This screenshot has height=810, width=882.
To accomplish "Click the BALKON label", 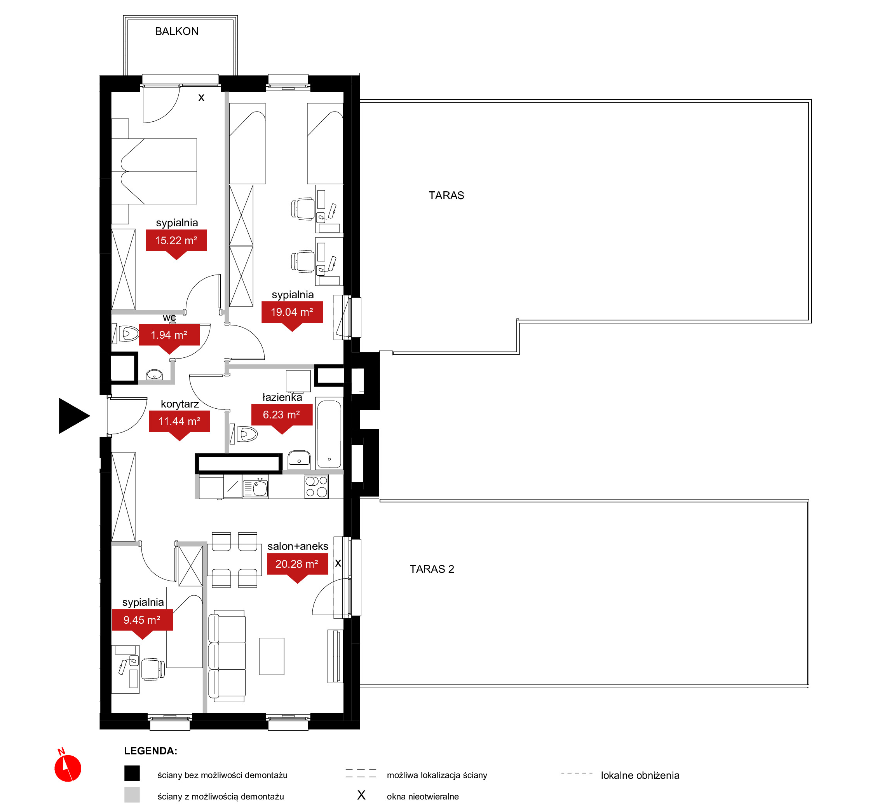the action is pyautogui.click(x=177, y=31).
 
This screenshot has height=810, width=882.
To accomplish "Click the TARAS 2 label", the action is pyautogui.click(x=432, y=569).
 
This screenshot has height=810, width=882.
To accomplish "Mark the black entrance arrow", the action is pyautogui.click(x=73, y=416).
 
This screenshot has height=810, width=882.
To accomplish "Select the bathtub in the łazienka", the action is pyautogui.click(x=329, y=434).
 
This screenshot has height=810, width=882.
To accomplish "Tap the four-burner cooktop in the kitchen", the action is pyautogui.click(x=317, y=486).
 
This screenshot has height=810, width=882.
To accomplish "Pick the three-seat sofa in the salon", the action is pyautogui.click(x=227, y=656).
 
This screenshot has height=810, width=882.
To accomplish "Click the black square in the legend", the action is pyautogui.click(x=132, y=773).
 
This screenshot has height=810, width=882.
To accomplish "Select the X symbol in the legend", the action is pyautogui.click(x=361, y=795).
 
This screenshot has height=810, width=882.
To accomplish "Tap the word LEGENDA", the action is pyautogui.click(x=151, y=751).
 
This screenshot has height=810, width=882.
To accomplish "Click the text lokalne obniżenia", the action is pyautogui.click(x=640, y=776).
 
